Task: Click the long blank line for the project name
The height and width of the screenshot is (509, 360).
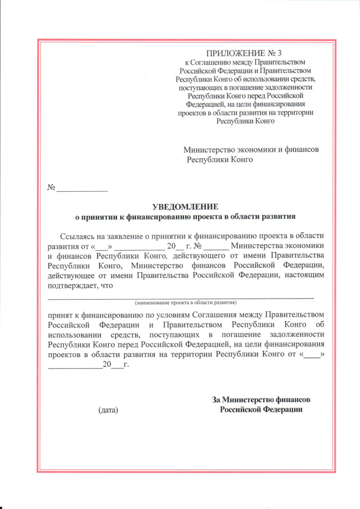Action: pos(180,296)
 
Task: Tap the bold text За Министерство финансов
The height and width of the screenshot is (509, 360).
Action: pos(261,399)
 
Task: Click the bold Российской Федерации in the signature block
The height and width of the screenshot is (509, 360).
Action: pos(261,409)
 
